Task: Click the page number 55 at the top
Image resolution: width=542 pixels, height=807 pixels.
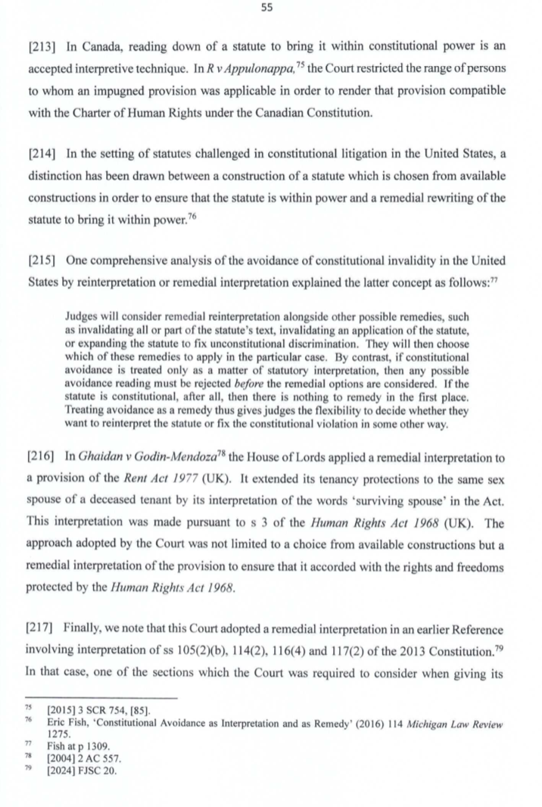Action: pyautogui.click(x=270, y=8)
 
